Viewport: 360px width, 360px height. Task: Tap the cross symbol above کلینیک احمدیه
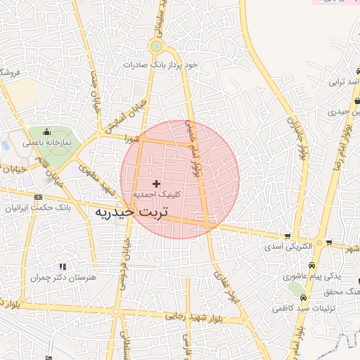coord(156,184)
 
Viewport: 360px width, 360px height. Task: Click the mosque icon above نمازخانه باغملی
coord(47,131)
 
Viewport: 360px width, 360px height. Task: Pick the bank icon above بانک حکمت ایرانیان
coord(37,197)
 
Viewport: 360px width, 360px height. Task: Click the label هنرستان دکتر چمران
coord(62,278)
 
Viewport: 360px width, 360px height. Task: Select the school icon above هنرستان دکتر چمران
coord(62,266)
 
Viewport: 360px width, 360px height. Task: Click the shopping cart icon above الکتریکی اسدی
coord(287,236)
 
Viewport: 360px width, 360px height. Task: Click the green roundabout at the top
coord(156,47)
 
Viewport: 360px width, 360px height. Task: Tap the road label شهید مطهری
coord(96,180)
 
